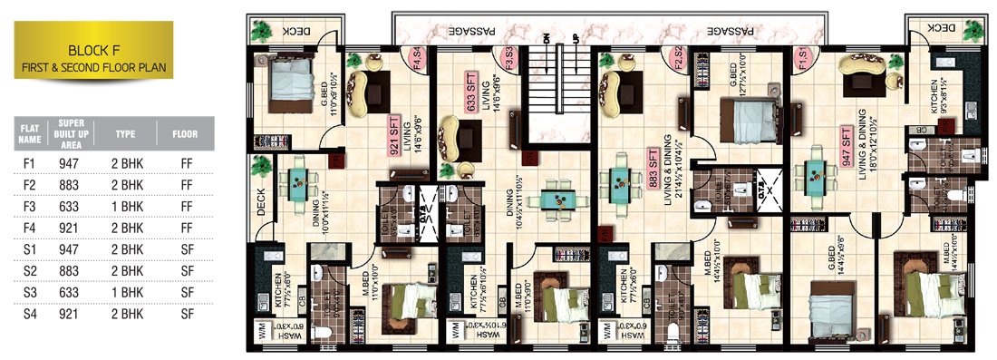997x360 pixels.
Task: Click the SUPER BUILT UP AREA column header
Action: pyautogui.click(x=72, y=133)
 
